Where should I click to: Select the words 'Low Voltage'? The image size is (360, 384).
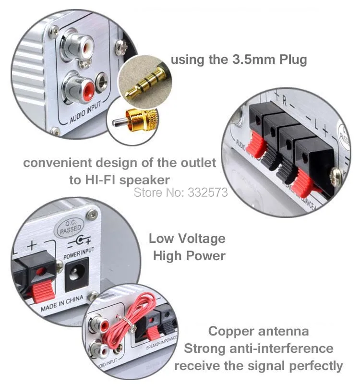(x=187, y=239)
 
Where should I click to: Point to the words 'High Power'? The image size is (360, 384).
(x=189, y=255)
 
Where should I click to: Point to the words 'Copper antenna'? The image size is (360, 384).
(x=259, y=331)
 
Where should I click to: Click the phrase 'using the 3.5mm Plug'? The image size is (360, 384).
(x=239, y=60)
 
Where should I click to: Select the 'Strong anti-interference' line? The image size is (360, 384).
(x=259, y=348)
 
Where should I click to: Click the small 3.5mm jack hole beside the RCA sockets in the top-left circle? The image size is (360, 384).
(x=102, y=82)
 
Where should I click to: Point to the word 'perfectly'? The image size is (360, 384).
(x=316, y=366)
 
